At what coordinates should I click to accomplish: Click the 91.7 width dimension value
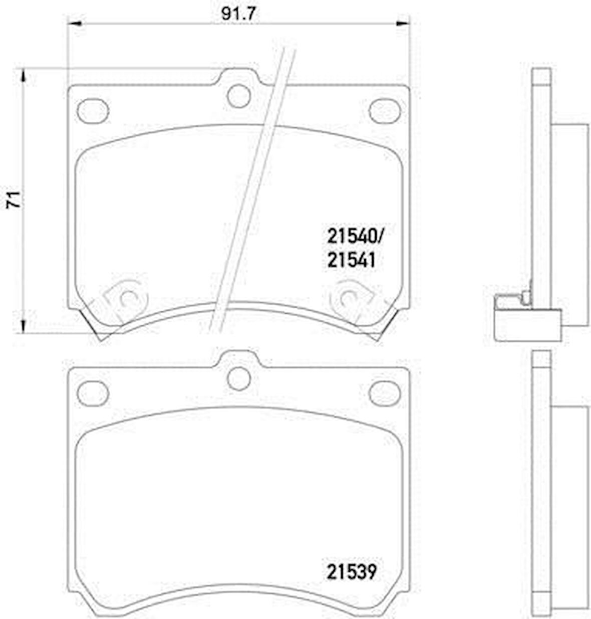pos(238,14)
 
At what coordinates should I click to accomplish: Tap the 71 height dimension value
pos(14,200)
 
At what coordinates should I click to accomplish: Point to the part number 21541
pos(352,260)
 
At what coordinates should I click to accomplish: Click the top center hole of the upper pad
pos(239,95)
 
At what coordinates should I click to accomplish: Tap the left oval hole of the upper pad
pos(93,111)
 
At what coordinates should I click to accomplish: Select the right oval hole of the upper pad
pos(384,111)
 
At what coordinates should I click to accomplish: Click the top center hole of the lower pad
pos(239,378)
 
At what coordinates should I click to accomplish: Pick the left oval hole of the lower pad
pos(93,394)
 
